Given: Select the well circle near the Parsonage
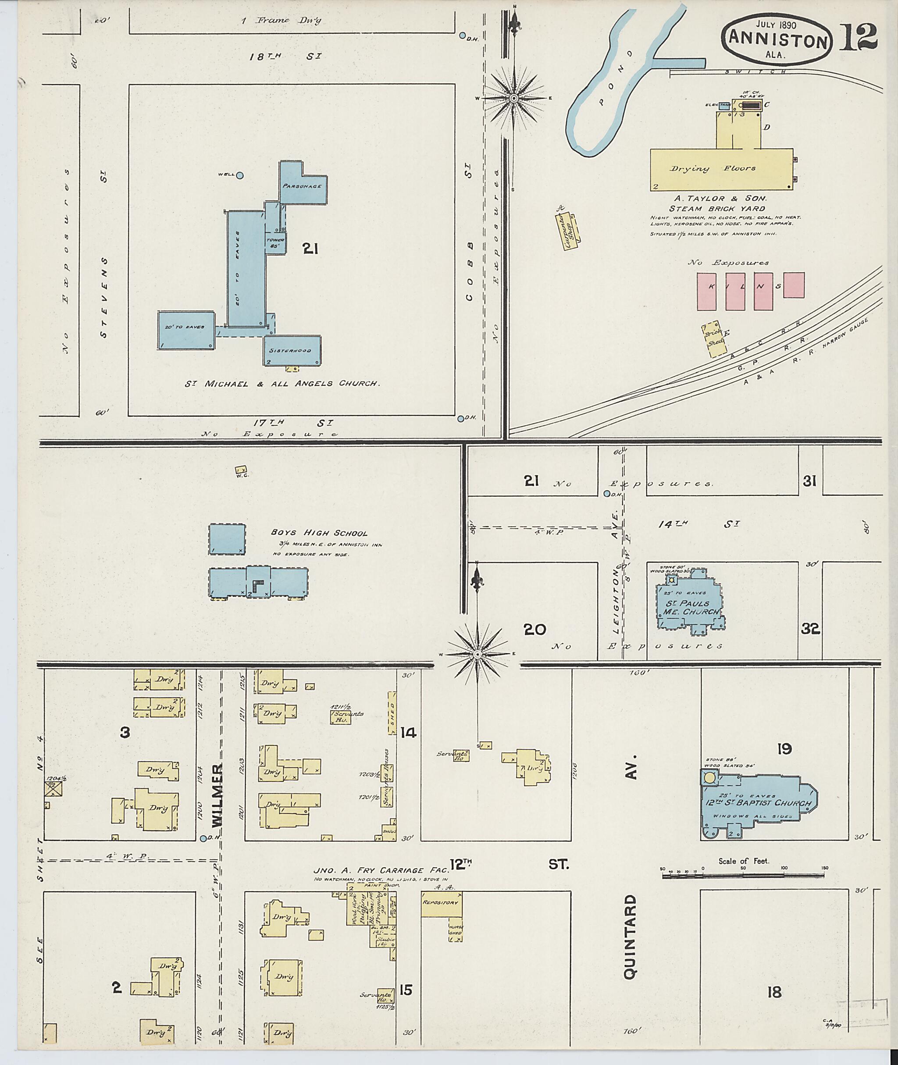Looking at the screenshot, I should (x=239, y=175).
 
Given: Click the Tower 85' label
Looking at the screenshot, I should (x=275, y=243).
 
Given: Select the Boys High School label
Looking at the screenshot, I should (x=319, y=533).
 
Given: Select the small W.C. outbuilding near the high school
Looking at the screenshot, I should (x=241, y=470).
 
